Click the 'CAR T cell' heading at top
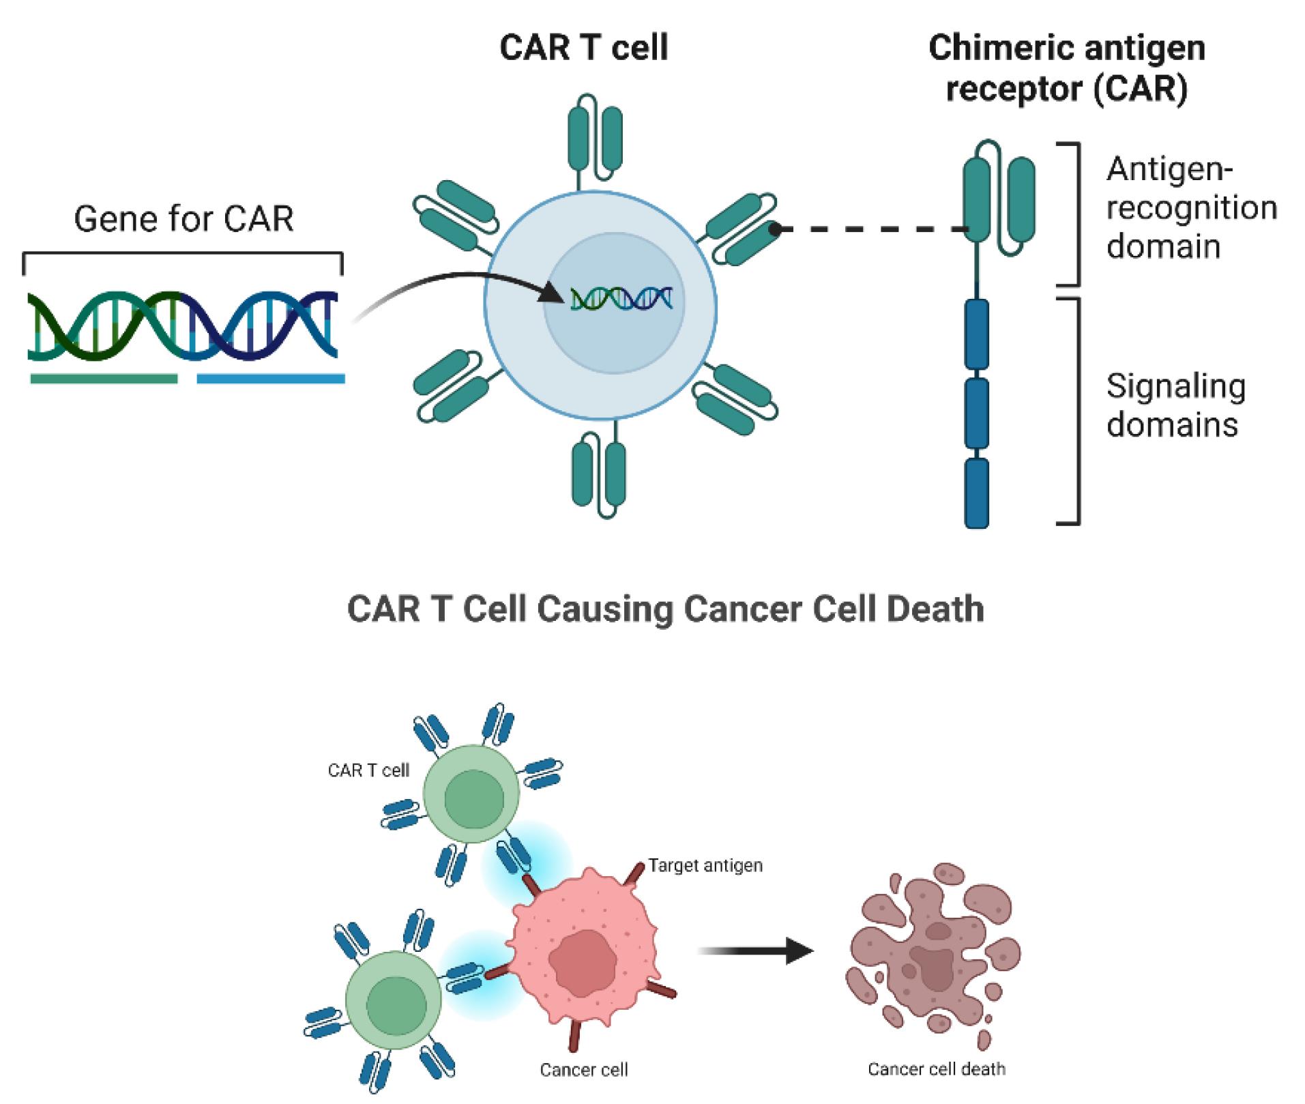pyautogui.click(x=584, y=48)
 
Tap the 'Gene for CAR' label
pyautogui.click(x=184, y=220)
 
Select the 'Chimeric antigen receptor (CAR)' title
pyautogui.click(x=1066, y=68)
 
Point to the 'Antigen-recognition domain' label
pyautogui.click(x=1190, y=207)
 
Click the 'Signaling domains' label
pyautogui.click(x=1175, y=405)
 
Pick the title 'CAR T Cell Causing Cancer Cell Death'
pyautogui.click(x=665, y=609)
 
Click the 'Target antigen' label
pyautogui.click(x=705, y=866)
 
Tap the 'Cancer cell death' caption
pyautogui.click(x=936, y=1069)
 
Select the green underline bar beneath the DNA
pyautogui.click(x=104, y=379)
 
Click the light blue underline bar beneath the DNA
pyautogui.click(x=270, y=379)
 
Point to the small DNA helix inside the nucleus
pyautogui.click(x=621, y=299)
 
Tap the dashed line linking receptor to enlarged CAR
pyautogui.click(x=873, y=229)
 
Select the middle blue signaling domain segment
pyautogui.click(x=976, y=413)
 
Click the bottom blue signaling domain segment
pyautogui.click(x=976, y=493)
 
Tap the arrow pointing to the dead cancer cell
pyautogui.click(x=757, y=950)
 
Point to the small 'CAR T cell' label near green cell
pyautogui.click(x=368, y=771)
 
